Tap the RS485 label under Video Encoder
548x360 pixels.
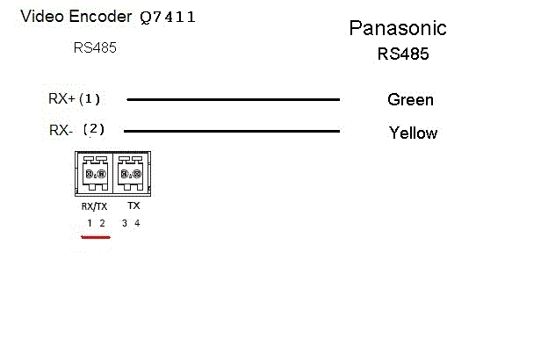point(95,48)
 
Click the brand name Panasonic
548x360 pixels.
point(398,28)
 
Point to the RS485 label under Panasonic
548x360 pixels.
point(403,54)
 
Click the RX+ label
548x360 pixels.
point(61,98)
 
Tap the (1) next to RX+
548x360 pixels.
point(90,98)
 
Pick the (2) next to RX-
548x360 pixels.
point(93,129)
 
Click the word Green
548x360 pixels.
point(410,100)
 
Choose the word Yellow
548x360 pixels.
point(413,133)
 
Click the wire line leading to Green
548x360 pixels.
point(233,99)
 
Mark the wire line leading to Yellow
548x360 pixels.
point(233,132)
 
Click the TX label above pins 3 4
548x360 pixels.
point(133,205)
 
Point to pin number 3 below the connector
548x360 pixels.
point(125,223)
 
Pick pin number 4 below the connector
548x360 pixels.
point(137,223)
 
